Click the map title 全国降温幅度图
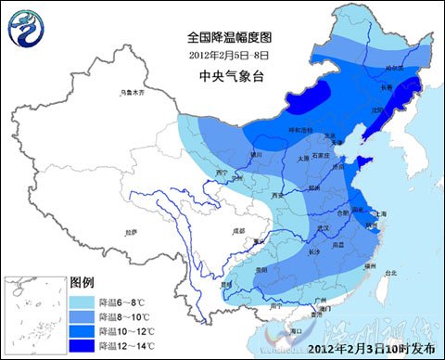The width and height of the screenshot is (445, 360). pos(229,38)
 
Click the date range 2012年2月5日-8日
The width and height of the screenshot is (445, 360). pos(229,55)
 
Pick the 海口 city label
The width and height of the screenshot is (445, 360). pos(297,329)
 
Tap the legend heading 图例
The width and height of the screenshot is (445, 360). pos(83,281)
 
